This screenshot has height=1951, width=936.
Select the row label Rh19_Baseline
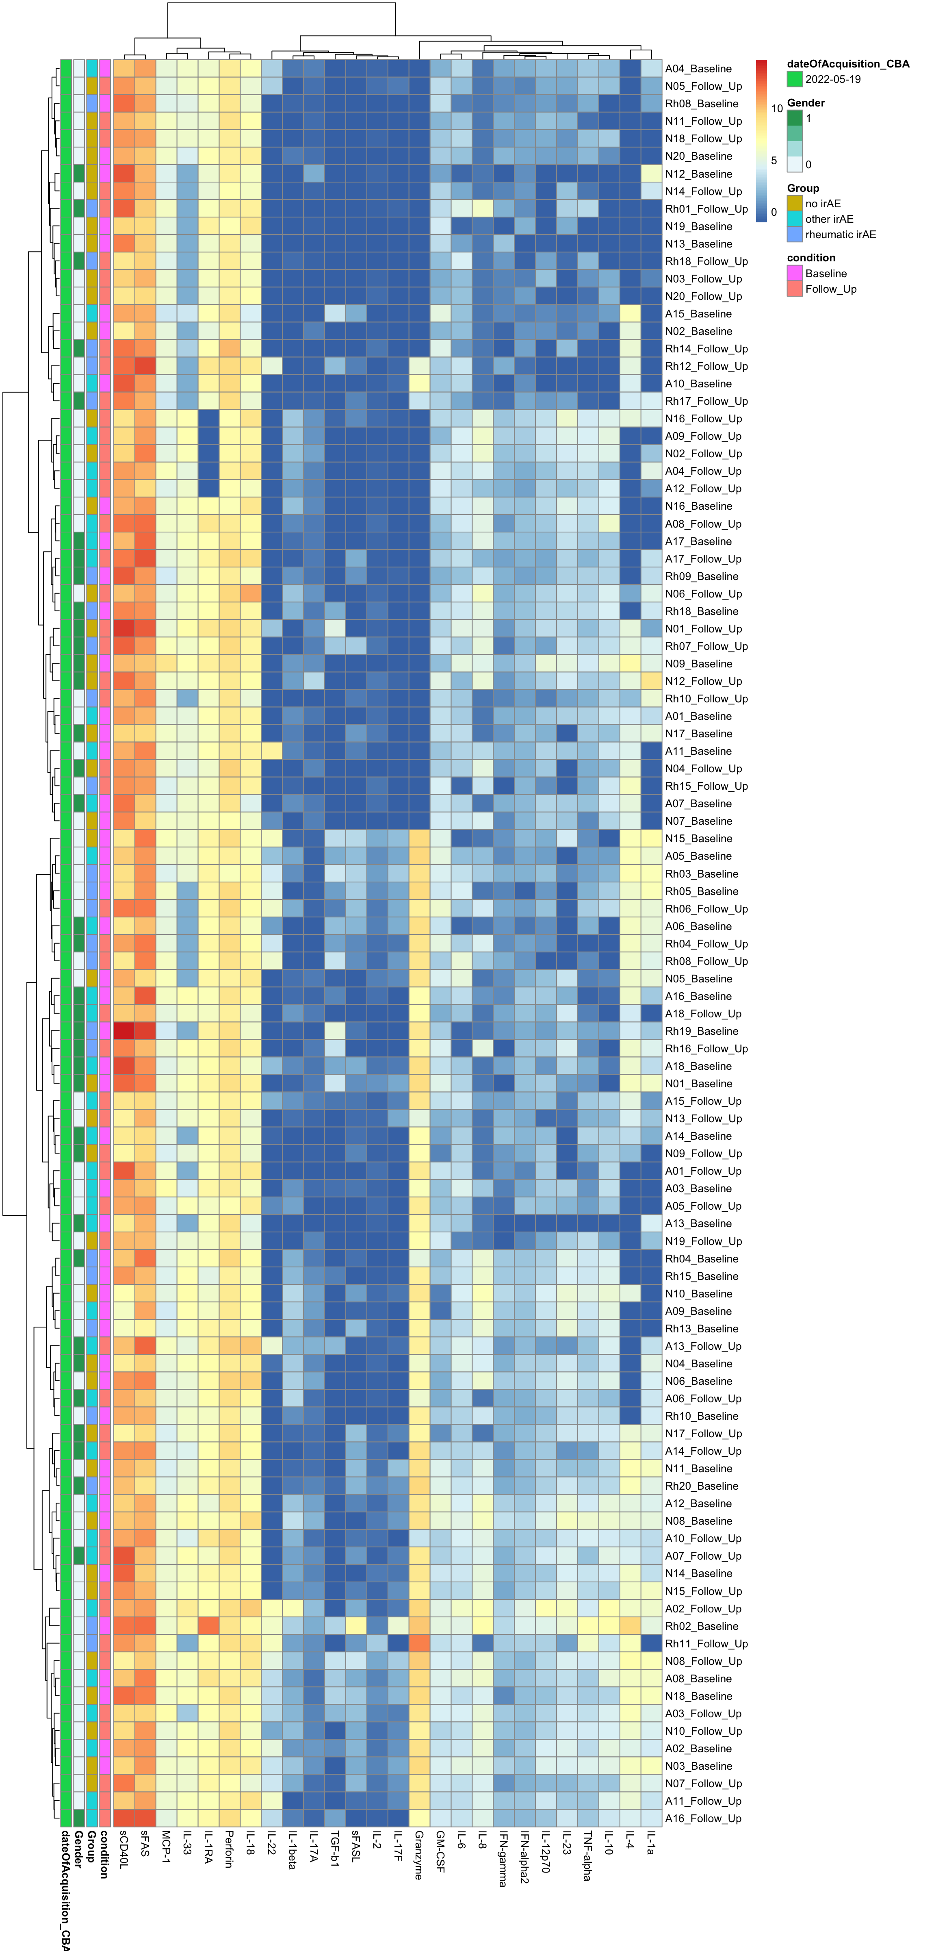pos(701,1031)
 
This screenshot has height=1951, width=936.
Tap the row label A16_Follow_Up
pos(703,1818)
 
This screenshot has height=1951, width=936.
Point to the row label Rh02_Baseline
pos(701,1626)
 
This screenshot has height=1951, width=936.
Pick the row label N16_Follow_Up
pos(703,419)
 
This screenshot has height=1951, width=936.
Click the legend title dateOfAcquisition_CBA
pos(847,64)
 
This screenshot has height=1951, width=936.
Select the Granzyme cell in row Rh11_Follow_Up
pos(419,1643)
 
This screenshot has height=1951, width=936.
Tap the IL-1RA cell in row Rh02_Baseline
pos(208,1626)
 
